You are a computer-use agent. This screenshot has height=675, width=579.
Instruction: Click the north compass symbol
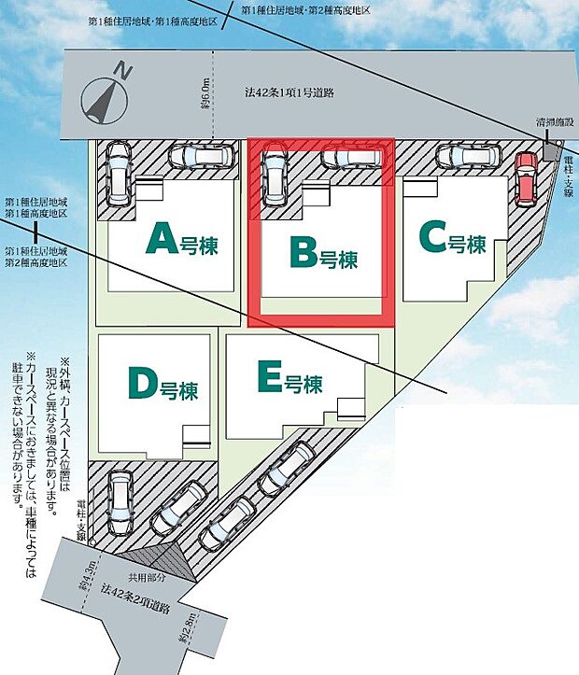click(104, 94)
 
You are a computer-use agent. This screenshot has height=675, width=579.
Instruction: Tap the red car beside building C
click(526, 177)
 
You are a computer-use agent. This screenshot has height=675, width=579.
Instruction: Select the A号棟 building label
click(187, 241)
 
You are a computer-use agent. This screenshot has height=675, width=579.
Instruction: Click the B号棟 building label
click(323, 253)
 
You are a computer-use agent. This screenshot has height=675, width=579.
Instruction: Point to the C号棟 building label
click(453, 239)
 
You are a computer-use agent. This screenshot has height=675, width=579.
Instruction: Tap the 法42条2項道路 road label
click(136, 599)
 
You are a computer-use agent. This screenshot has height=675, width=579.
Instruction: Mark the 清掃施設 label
click(555, 121)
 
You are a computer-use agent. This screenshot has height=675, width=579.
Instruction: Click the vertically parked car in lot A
click(120, 175)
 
